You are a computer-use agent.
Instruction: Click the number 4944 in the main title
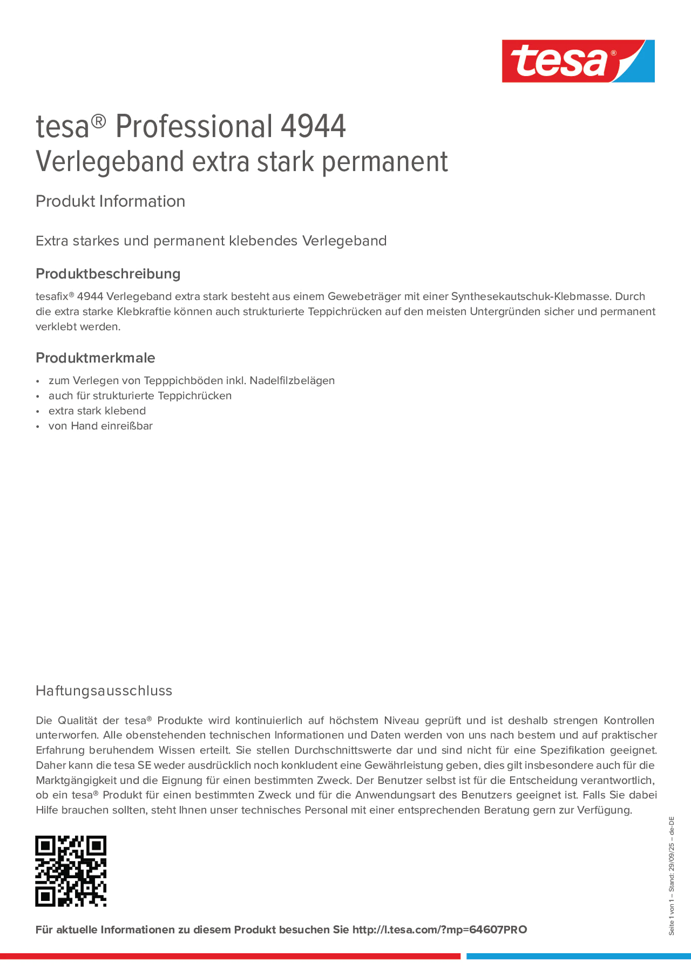pos(313,127)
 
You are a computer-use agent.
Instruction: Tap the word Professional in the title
pos(194,127)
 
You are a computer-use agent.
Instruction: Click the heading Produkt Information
pos(110,201)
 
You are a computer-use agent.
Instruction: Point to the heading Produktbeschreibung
pos(108,274)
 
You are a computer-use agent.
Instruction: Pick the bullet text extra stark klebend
pos(97,411)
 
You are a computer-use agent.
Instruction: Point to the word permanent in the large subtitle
pos(385,162)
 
